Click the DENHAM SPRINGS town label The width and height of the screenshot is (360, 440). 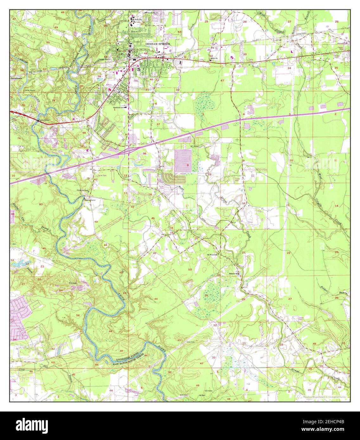[x=158, y=44]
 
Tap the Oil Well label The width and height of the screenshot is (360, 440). [x=202, y=395]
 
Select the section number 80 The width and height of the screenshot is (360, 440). [x=41, y=204]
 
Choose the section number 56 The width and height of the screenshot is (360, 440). [x=78, y=316]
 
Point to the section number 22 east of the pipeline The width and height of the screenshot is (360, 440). [x=288, y=253]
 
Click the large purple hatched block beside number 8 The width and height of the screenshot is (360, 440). [x=183, y=161]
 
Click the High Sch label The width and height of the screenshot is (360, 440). [x=138, y=19]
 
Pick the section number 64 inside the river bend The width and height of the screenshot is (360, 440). [x=110, y=331]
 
